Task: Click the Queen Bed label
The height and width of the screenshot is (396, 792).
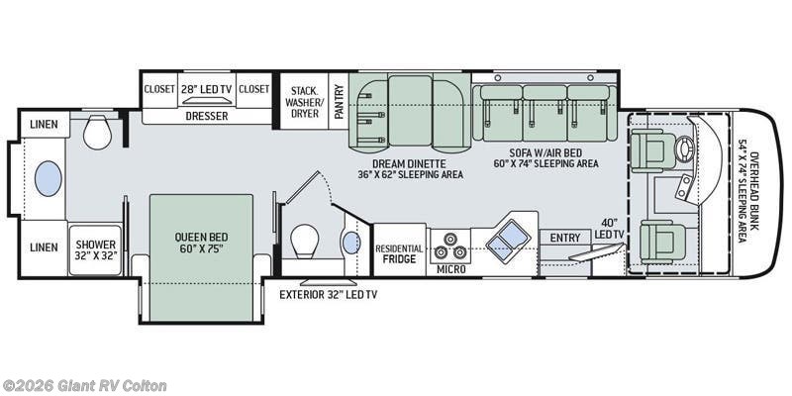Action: tap(201, 244)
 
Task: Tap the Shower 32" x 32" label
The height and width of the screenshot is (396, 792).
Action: tap(95, 249)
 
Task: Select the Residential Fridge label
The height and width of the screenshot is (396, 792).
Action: tap(399, 253)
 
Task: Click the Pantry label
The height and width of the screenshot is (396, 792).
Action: tap(339, 100)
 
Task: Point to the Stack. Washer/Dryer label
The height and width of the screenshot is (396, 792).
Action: tap(304, 100)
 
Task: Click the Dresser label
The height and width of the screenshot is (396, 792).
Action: tap(206, 116)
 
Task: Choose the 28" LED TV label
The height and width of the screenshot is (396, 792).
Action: tap(207, 88)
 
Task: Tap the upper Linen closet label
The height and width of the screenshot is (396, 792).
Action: tap(43, 126)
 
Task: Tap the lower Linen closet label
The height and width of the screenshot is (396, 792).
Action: tap(43, 247)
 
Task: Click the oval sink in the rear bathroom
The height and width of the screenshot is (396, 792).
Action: tap(48, 178)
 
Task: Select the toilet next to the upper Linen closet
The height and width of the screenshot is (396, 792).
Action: tap(97, 130)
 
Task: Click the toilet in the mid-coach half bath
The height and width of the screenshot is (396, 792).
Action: tap(305, 239)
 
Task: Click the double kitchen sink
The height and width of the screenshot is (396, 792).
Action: tap(509, 237)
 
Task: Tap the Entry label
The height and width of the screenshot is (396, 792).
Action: tap(565, 238)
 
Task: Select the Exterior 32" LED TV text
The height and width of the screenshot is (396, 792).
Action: tap(328, 294)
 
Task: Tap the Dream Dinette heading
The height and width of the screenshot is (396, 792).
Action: tap(409, 163)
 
